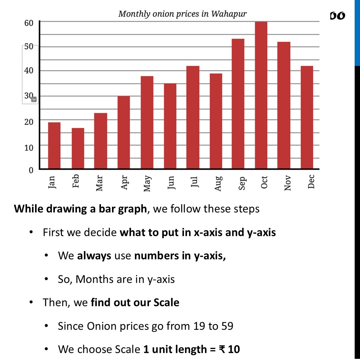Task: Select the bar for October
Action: point(261,95)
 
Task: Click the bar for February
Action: point(78,149)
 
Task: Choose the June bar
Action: point(170,126)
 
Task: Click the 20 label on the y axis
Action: point(29,122)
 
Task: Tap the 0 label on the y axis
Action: point(31,170)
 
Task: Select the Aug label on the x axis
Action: point(218,183)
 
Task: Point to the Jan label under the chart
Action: point(52,182)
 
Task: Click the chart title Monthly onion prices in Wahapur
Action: point(182,14)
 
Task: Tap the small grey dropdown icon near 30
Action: point(34,99)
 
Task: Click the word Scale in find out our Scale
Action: point(166,302)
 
